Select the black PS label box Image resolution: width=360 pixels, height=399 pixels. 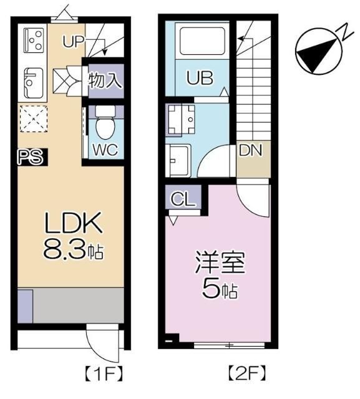pos(31,157)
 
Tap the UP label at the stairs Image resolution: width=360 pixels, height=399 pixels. pos(74,42)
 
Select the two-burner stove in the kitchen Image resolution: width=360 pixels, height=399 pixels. pos(34,41)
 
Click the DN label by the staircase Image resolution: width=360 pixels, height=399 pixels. pos(251,150)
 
